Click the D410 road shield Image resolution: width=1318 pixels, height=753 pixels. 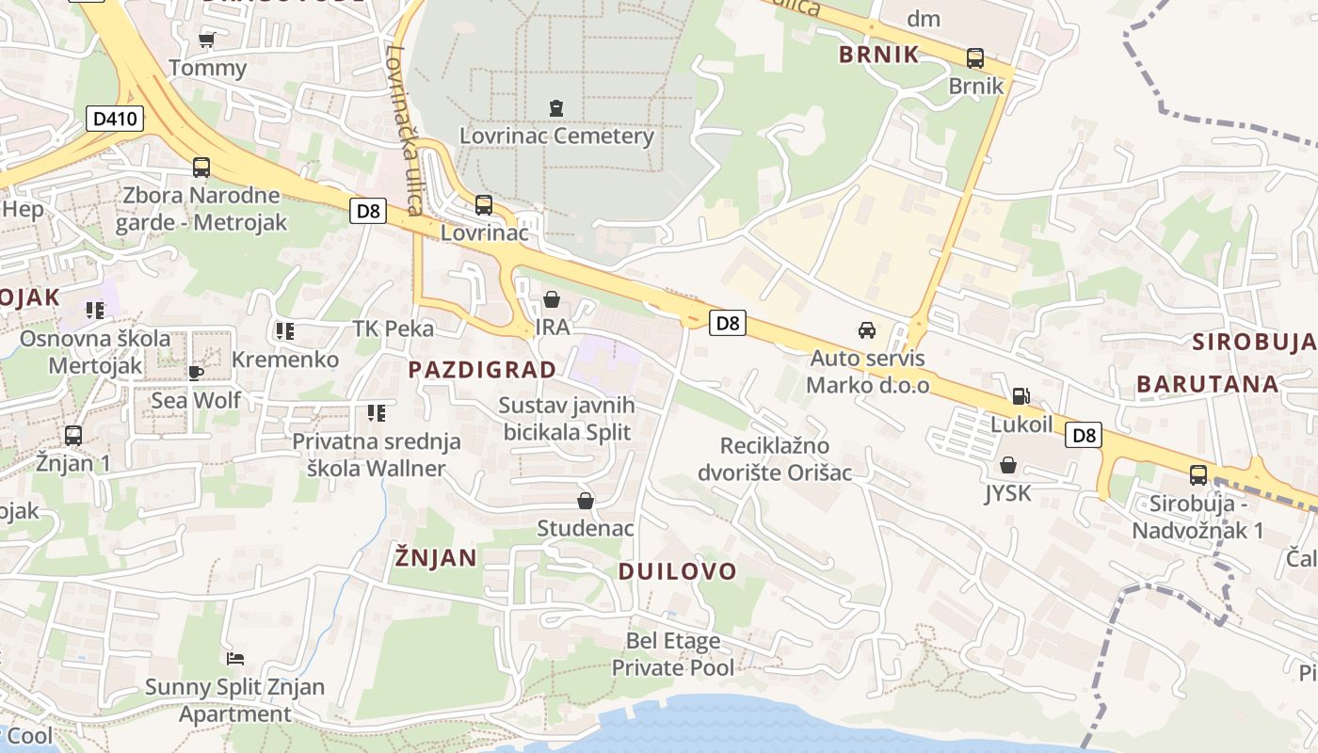coord(116,119)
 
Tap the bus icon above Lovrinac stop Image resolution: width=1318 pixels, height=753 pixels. coord(484,204)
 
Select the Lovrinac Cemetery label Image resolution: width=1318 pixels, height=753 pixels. coord(556,136)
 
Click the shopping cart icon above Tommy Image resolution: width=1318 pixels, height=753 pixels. coord(207,40)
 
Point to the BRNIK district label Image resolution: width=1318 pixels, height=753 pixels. coord(878,55)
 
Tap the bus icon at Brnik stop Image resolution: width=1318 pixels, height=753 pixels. coord(975,58)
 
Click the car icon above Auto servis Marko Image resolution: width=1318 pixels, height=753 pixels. coord(866,330)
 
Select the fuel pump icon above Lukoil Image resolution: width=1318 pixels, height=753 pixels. coord(1021,396)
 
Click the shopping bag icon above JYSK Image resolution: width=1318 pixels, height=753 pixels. coord(1008,465)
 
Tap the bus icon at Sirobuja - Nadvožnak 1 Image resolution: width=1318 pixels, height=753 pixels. coord(1197,475)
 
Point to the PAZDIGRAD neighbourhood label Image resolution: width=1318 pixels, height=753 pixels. coord(482,370)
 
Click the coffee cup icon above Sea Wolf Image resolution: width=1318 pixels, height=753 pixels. coord(196,373)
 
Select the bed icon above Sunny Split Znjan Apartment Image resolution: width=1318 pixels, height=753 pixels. coord(235,658)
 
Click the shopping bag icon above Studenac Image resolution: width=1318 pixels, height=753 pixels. coord(586,501)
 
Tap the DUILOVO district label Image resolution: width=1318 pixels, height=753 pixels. coord(678,571)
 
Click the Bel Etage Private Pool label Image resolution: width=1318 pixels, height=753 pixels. coord(673,654)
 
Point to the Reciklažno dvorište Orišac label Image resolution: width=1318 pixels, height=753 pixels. coord(775,458)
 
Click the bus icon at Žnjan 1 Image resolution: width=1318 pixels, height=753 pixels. coord(73,436)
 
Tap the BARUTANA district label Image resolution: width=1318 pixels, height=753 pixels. coord(1207,384)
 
